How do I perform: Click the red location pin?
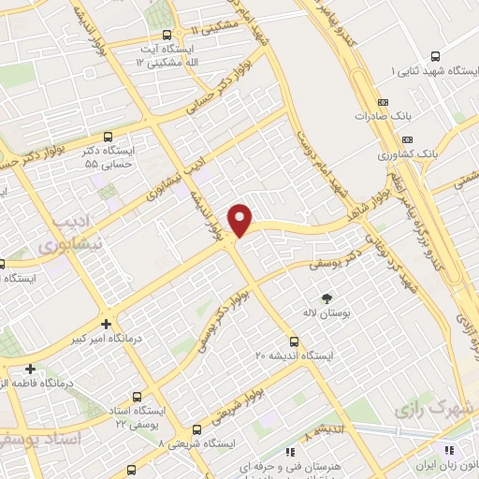[241, 219]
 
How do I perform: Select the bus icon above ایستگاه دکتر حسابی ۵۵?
[109, 136]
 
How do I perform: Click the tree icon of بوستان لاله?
[327, 298]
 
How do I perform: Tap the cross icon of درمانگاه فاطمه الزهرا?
[33, 368]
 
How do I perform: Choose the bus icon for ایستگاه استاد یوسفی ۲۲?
[139, 395]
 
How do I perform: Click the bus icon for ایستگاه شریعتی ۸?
[195, 429]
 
